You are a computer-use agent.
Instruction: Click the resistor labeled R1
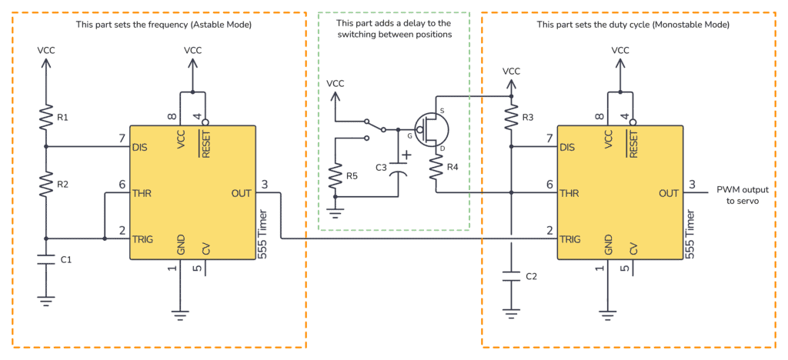tap(45, 118)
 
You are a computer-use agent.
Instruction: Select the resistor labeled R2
tap(45, 185)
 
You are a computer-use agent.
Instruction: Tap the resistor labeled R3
tap(510, 118)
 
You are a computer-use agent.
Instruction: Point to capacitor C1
tap(45, 260)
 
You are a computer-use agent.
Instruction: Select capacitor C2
tap(510, 275)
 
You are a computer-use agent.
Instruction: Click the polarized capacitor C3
tap(399, 168)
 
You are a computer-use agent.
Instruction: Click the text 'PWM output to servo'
tap(742, 195)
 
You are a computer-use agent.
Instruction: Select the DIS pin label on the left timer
tap(141, 147)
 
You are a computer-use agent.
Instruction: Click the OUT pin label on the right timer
tap(668, 193)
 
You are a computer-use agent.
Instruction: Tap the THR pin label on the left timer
tap(142, 193)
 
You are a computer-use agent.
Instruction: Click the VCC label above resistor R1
tap(45, 50)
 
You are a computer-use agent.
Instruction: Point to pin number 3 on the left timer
tap(265, 185)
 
